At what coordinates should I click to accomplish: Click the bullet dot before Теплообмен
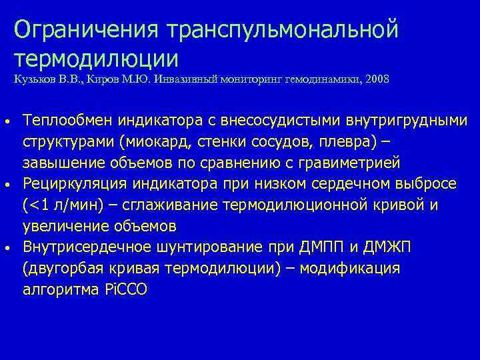point(6,122)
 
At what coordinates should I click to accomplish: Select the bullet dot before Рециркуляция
point(6,183)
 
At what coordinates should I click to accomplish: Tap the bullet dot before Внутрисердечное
point(6,247)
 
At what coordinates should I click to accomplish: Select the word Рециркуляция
point(72,183)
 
